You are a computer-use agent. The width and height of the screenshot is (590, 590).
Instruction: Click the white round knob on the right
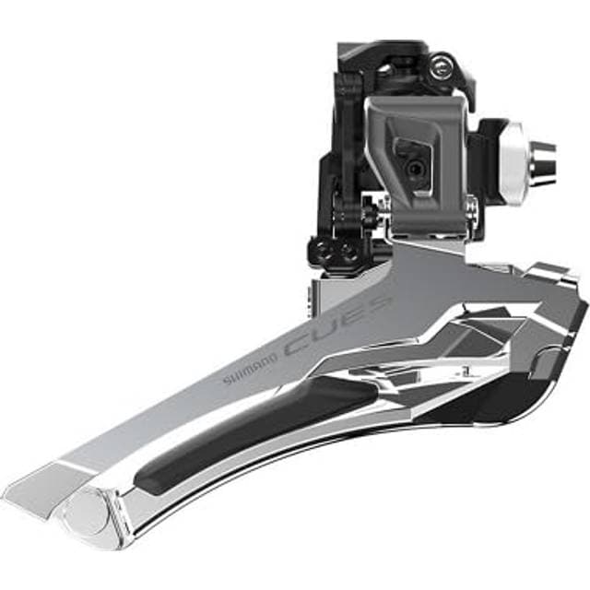[x=512, y=162]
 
